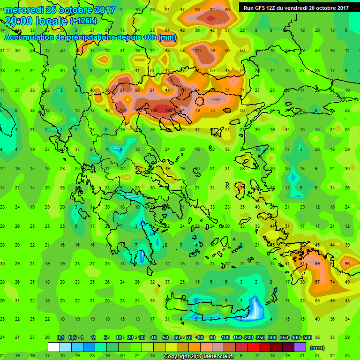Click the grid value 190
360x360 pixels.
pos(169,111)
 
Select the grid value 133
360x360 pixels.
pos(154,111)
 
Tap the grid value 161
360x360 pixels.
pos(124,111)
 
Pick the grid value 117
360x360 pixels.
pos(198,51)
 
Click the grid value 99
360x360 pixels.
pos(317,264)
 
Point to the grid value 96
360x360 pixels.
pos(347,264)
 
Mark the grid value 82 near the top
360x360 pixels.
pos(213,10)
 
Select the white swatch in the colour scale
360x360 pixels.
pos(54,347)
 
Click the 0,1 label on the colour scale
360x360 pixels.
pos(60,337)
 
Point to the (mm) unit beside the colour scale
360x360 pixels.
pos(318,348)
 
